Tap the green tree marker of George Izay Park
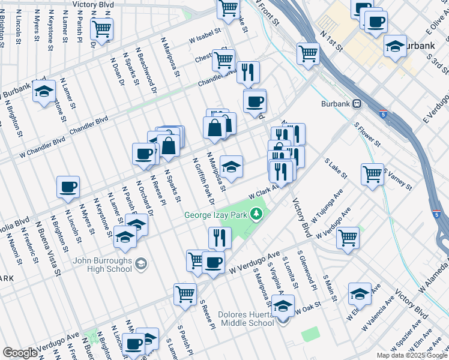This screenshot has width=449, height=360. pyautogui.click(x=257, y=214)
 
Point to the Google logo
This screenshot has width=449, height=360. pyautogui.click(x=20, y=353)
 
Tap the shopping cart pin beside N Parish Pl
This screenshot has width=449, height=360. pyautogui.click(x=101, y=28)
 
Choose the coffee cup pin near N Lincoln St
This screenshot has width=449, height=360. pyautogui.click(x=68, y=187)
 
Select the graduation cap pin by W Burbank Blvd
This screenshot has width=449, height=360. pyautogui.click(x=44, y=92)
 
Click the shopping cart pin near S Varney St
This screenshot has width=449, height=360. pyautogui.click(x=372, y=174)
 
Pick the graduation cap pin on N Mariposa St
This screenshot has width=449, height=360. pyautogui.click(x=231, y=166)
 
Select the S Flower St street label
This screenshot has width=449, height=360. pyautogui.click(x=367, y=135)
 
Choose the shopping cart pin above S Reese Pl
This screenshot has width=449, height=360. pyautogui.click(x=185, y=294)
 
